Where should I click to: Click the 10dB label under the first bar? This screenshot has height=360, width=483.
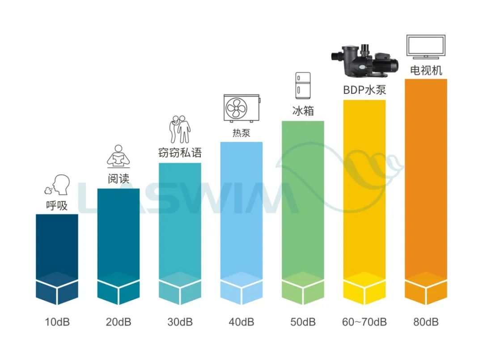coord(57,322)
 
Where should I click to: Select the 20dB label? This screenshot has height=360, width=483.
coord(119,322)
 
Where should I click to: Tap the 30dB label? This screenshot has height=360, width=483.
coord(180,322)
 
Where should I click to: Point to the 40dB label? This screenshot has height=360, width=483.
coord(241,322)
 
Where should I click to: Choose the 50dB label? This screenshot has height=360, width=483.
coord(303,322)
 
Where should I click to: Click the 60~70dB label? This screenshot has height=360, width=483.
coord(364,322)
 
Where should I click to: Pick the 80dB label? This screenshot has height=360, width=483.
coord(426,322)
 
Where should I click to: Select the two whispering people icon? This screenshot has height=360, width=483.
coord(180,129)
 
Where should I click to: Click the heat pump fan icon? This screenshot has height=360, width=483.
coord(241,108)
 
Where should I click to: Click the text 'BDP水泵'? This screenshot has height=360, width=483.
coord(364,90)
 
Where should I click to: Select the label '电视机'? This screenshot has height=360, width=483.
coord(426,70)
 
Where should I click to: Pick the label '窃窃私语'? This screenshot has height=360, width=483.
coord(180,152)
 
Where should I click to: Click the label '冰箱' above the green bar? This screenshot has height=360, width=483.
coord(303,111)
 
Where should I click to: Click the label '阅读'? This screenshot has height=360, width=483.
coord(119,178)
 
